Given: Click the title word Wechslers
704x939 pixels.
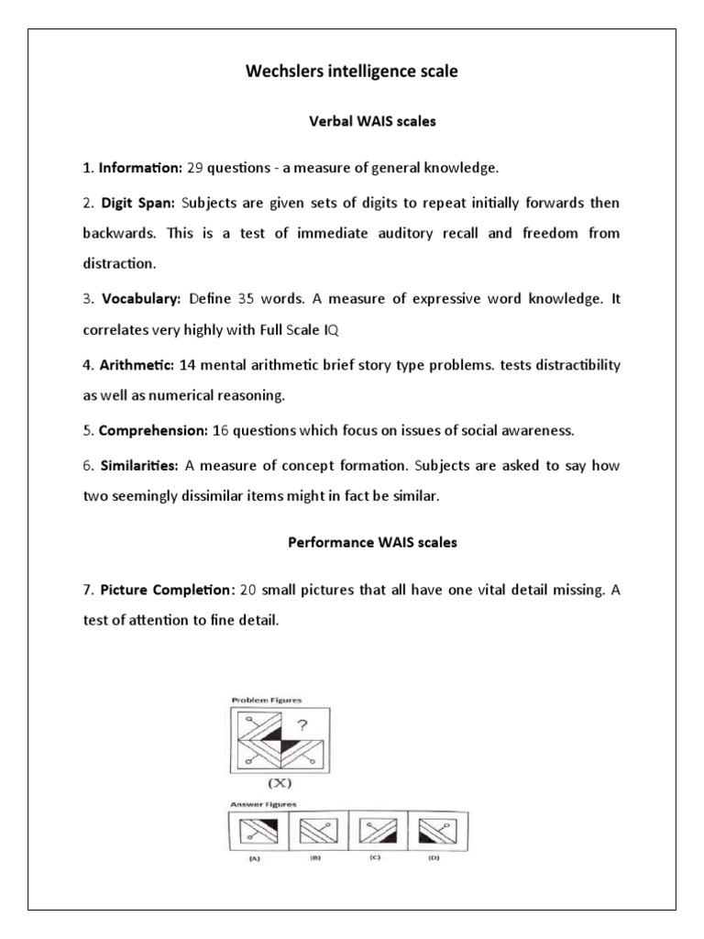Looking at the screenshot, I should (x=285, y=72).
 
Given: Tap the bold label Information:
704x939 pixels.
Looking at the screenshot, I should (x=140, y=168).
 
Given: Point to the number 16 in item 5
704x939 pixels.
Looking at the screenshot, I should (x=221, y=429).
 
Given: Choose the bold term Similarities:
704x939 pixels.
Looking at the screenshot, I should (x=138, y=465).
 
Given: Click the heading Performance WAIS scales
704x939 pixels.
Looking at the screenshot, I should (x=371, y=542).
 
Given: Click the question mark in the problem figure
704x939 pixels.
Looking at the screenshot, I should (x=302, y=724).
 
